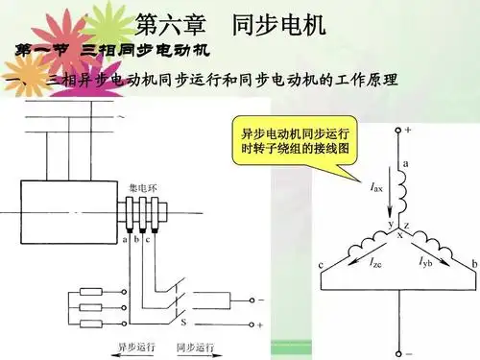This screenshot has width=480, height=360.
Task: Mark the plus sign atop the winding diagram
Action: pyautogui.click(x=407, y=128)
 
